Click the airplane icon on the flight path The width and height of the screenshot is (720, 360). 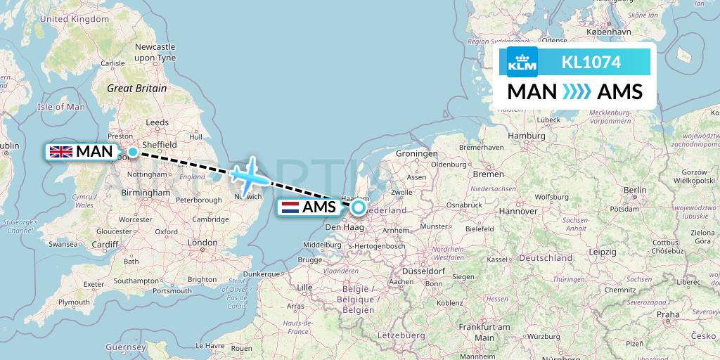249,176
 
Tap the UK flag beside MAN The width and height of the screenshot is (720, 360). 61,151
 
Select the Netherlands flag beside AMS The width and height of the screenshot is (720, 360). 290,207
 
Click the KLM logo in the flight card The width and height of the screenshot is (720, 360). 522,63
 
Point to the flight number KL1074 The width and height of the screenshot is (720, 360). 591,63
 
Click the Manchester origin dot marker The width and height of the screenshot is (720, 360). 132,151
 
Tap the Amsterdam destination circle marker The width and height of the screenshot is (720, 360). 359,207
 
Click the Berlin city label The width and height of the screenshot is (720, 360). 634,190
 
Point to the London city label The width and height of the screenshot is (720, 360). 203,243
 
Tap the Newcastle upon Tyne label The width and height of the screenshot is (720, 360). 155,52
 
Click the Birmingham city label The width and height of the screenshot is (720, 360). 146,193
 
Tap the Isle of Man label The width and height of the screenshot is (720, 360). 60,107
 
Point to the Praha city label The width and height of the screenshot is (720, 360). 668,314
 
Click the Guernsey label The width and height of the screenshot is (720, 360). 127,347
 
